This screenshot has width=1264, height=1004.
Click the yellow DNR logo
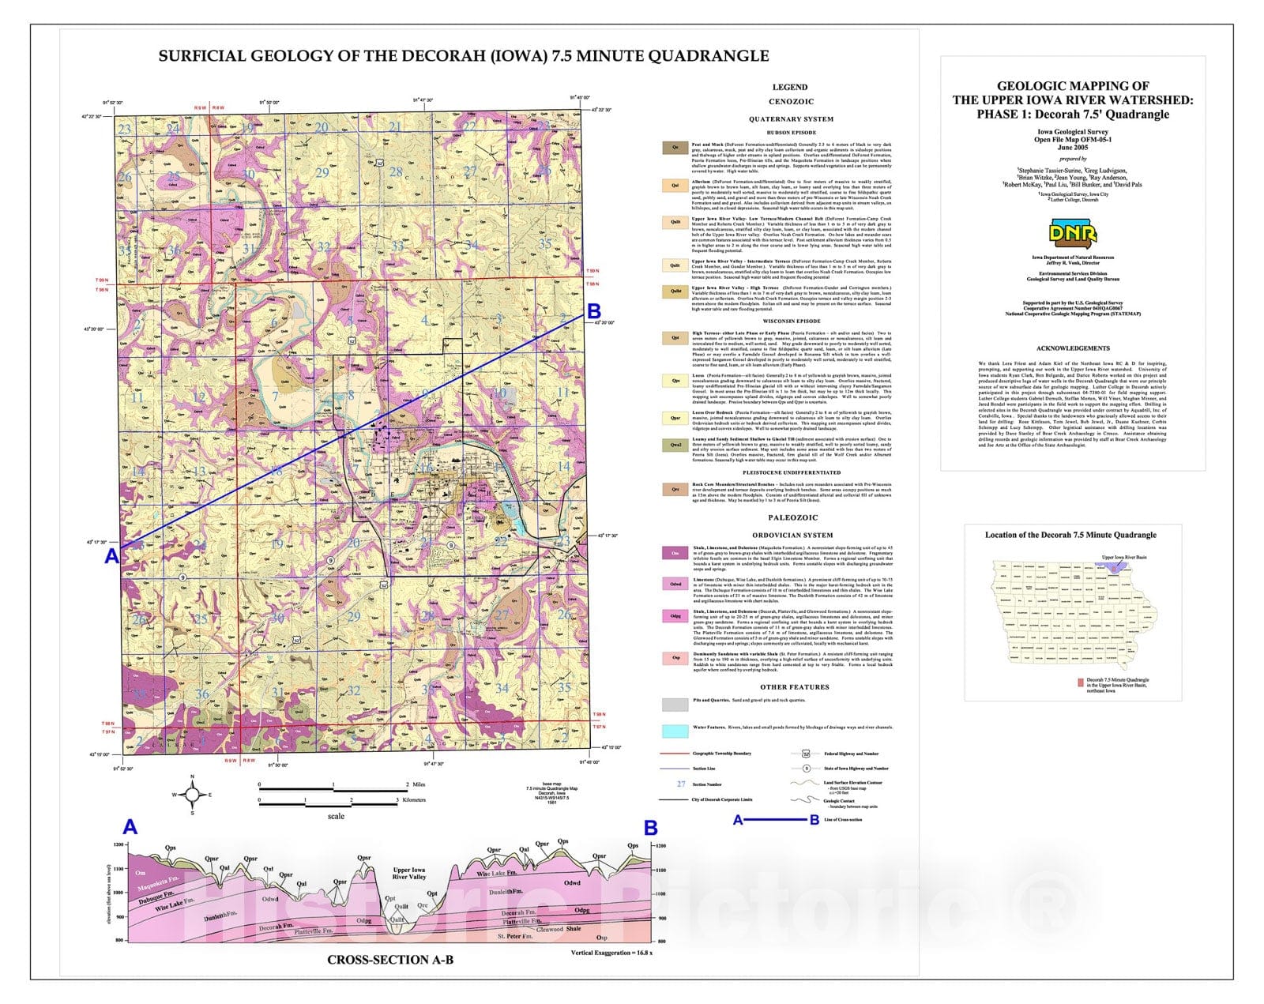(x=1072, y=232)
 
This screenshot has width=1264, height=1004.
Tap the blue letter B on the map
(x=594, y=310)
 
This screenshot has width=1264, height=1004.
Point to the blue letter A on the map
(x=112, y=556)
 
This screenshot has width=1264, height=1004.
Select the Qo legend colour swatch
(x=675, y=147)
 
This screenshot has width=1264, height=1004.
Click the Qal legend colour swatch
(x=675, y=186)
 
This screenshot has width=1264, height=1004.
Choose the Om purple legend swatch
(x=675, y=553)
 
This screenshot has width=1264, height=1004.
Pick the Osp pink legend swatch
(x=675, y=658)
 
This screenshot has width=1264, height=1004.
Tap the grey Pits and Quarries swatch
(x=675, y=704)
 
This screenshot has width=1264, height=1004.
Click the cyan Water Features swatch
(x=675, y=731)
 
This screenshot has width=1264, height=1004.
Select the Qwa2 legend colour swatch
(x=675, y=445)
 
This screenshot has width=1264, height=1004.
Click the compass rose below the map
(x=192, y=794)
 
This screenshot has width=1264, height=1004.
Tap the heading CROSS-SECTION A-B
(x=390, y=960)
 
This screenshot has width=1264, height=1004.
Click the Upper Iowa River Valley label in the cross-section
(x=409, y=873)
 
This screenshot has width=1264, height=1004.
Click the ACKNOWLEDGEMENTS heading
(x=1073, y=348)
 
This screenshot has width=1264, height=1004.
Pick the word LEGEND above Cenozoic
(x=790, y=87)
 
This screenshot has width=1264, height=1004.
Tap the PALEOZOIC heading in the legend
(x=792, y=517)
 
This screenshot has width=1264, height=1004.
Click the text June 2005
(x=1073, y=147)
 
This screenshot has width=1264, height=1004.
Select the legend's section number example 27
(x=681, y=784)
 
